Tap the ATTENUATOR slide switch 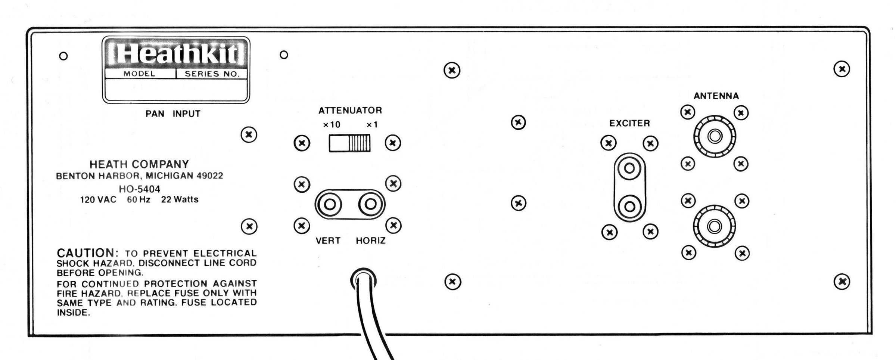point(349,143)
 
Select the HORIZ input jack point(370,204)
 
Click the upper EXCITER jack point(629,168)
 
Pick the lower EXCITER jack point(629,206)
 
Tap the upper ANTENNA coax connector point(715,136)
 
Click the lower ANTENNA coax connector point(714,226)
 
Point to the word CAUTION point(87,253)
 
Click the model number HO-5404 point(139,189)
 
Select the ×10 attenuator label point(332,125)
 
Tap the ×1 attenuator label point(372,125)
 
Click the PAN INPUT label point(173,114)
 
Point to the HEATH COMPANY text point(139,164)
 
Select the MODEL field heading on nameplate point(139,74)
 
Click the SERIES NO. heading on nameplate point(212,74)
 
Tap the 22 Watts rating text point(180,200)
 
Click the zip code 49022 point(210,176)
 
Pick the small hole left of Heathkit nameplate point(63,56)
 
